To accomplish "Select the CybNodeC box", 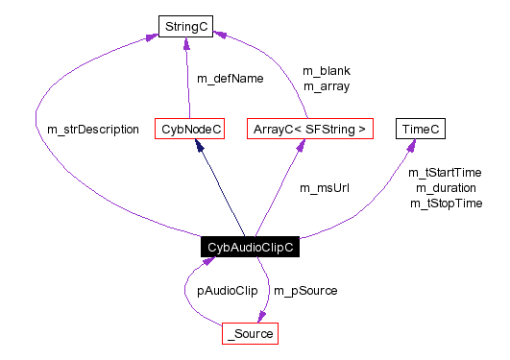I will (x=189, y=129).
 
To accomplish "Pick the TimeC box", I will (x=421, y=129).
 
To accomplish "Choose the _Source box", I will (x=250, y=334).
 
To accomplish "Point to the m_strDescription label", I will (x=93, y=129).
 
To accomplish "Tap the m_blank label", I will (x=326, y=71).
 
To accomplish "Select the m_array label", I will (x=326, y=86).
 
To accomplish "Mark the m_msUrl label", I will (x=324, y=187).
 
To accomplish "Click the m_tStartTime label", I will (x=445, y=173).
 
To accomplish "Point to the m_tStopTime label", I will (x=445, y=204).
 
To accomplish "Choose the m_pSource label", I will (x=305, y=289).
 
